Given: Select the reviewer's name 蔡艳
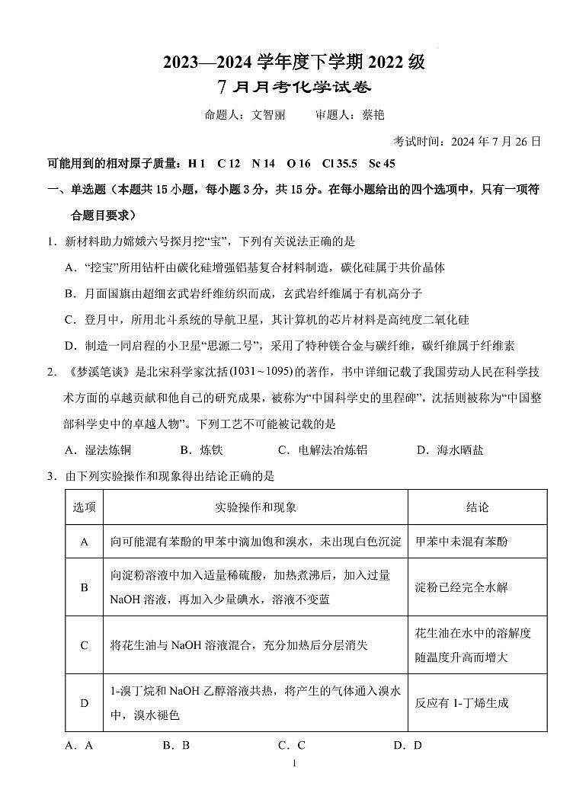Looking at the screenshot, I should point(373,115).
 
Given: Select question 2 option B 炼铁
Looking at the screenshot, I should point(202,450).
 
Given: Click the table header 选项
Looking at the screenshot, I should point(84,507).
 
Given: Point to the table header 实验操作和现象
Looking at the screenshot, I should point(256,507).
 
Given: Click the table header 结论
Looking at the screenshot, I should point(478,507).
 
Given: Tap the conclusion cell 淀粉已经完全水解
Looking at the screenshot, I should point(461,587).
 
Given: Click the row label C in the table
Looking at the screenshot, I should point(84,645).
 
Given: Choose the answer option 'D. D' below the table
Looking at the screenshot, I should point(408,746).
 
